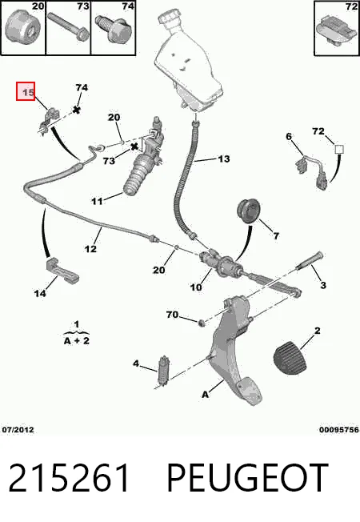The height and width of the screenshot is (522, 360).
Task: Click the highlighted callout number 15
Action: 26,91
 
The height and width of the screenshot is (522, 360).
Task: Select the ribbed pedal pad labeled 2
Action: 290,358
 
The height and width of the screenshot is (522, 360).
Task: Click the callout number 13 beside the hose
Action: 223,159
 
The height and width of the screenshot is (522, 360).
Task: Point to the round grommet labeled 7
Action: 248,210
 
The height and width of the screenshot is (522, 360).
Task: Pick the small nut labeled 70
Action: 201,323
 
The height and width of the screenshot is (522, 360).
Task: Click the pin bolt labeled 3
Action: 310,260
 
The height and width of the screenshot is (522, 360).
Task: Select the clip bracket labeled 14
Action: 62,271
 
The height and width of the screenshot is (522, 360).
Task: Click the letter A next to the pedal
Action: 206,395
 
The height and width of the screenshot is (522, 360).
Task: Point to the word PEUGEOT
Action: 247,478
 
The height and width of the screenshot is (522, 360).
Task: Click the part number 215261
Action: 69,478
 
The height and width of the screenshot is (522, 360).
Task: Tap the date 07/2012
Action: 18,430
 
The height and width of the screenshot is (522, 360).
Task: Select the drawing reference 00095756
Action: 339,430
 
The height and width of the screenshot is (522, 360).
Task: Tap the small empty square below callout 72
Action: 339,149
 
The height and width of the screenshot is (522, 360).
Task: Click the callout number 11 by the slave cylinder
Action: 97,201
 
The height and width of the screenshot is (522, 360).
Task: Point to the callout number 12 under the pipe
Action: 90,249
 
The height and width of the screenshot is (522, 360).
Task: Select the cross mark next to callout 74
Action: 77,109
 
